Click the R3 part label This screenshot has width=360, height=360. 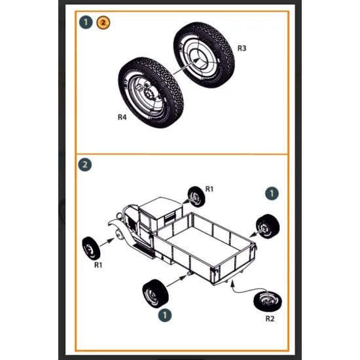[x=242, y=48]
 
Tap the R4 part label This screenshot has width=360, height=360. [x=122, y=118]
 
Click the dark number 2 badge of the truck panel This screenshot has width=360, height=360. [x=86, y=164]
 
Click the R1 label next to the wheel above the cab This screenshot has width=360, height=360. [x=209, y=189]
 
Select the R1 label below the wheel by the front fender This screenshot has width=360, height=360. [x=98, y=265]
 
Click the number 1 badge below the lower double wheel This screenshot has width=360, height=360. [x=166, y=315]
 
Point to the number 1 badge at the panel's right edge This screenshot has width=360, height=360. [x=273, y=193]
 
